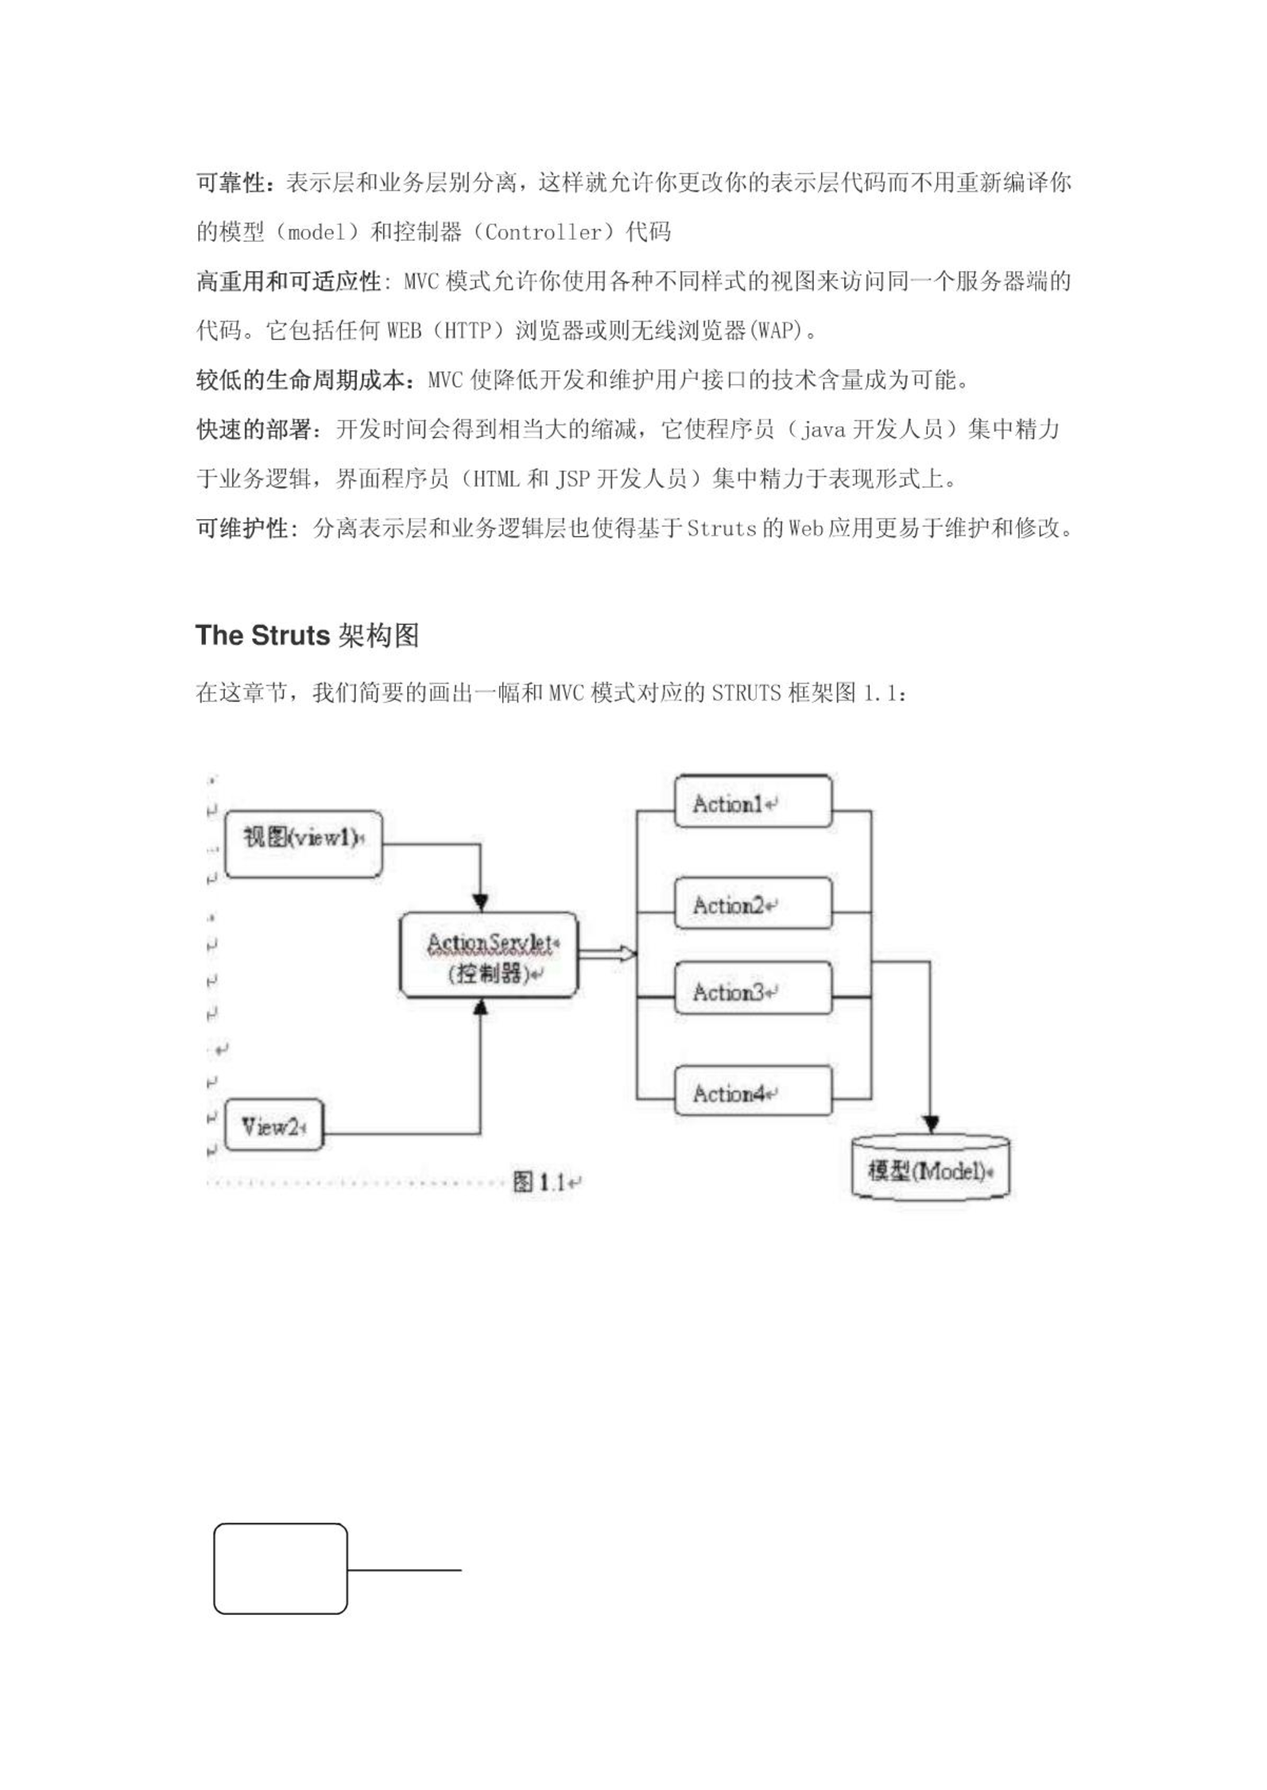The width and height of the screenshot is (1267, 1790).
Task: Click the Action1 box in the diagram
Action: [x=753, y=802]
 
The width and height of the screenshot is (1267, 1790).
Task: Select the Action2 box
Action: [x=753, y=904]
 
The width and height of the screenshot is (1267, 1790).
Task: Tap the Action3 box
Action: [x=753, y=989]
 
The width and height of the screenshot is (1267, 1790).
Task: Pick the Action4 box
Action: [x=753, y=1091]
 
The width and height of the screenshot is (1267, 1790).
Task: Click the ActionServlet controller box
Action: [x=489, y=955]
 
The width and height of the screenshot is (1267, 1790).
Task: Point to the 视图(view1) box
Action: [x=304, y=844]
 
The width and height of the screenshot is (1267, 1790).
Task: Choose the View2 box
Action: [x=274, y=1125]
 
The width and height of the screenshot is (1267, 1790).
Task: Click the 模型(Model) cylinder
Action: [x=930, y=1167]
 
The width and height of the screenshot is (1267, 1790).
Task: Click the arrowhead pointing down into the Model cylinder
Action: [x=931, y=1124]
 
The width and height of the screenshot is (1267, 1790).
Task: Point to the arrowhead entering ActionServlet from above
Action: [x=480, y=903]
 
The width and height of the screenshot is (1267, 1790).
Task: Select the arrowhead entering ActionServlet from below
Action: [x=480, y=1008]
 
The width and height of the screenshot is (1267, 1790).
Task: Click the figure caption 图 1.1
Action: [x=540, y=1182]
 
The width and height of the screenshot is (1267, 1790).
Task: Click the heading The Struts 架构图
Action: [x=307, y=636]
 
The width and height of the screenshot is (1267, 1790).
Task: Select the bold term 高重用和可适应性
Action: [x=289, y=281]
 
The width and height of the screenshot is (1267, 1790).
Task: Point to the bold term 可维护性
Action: [x=242, y=528]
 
